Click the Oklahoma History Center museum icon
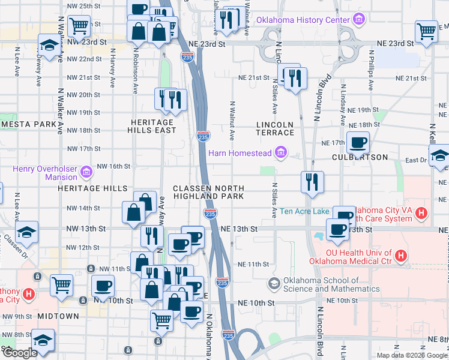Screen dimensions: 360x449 359,20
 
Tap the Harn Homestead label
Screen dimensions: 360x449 240,153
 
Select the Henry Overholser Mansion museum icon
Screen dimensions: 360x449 86,173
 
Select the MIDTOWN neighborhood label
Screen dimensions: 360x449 58,316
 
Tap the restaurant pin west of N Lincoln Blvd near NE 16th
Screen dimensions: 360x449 312,181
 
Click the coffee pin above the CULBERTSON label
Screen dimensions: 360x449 358,143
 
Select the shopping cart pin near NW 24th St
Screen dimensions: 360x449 79,26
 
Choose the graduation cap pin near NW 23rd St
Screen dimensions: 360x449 49,44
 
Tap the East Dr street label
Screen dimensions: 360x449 415,160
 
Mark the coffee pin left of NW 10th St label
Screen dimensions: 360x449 103,286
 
